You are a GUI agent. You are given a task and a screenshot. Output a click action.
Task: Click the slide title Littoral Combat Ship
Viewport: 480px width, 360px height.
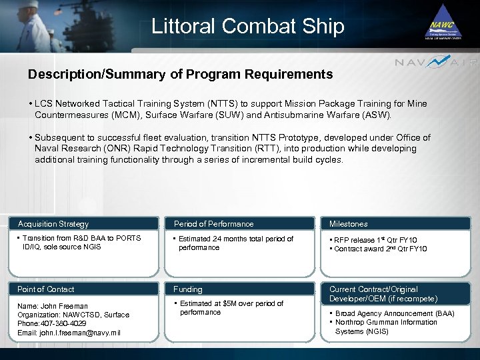(x=247, y=26)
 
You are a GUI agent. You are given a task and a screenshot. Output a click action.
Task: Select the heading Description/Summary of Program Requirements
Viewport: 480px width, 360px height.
(x=180, y=75)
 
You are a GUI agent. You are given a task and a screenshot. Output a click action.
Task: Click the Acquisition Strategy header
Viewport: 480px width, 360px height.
(x=53, y=224)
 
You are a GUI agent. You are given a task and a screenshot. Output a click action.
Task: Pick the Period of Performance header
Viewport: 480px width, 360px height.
(x=213, y=224)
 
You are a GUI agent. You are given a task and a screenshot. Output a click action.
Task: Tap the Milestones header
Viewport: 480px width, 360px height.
(x=348, y=224)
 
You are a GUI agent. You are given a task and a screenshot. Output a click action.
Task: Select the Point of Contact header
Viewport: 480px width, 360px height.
(x=46, y=289)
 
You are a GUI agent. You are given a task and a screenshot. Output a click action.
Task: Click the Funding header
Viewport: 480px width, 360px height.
(x=188, y=289)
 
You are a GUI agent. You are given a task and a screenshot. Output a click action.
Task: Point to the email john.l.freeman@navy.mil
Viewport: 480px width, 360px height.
(x=69, y=333)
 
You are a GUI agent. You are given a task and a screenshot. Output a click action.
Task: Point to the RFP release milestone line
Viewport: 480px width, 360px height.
(x=377, y=240)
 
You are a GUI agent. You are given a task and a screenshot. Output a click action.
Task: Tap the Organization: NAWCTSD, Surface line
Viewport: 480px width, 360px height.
(x=73, y=315)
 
